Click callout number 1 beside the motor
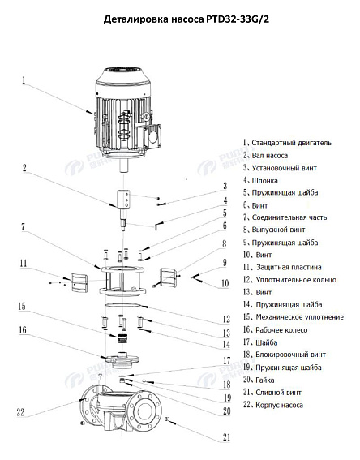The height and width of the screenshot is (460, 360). coord(24,80)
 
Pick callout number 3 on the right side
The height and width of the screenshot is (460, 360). coord(225,187)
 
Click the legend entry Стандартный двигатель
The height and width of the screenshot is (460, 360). coord(290,143)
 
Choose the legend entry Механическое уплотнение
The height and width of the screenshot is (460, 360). coord(298,317)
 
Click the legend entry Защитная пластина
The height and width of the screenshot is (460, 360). coord(286,267)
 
